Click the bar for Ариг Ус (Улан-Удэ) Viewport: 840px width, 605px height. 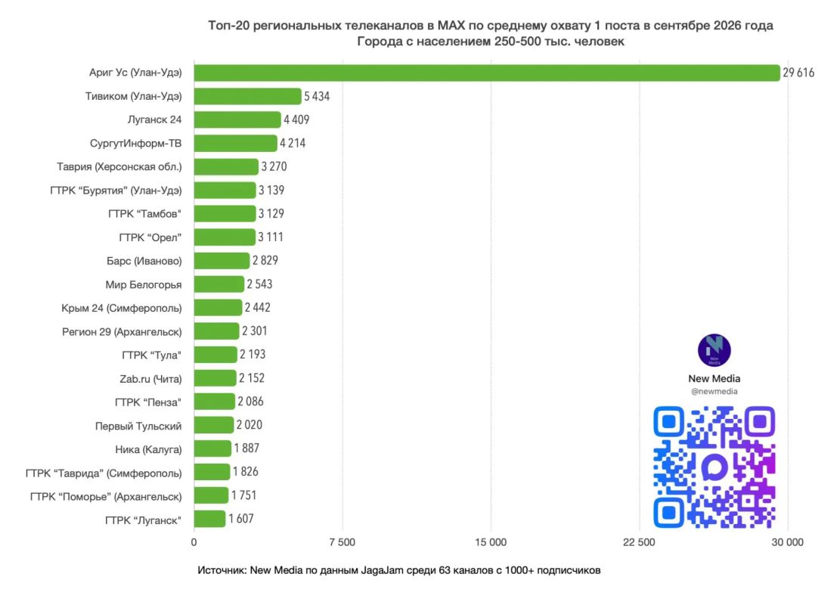coord(487,73)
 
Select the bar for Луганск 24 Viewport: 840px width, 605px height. coord(237,119)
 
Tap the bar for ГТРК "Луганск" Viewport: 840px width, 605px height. coord(209,519)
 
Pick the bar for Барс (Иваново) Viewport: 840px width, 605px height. coord(222,260)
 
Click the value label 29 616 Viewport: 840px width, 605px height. coord(798,73)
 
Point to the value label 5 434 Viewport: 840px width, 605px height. coord(317,97)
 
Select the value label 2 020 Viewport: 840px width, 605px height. coord(249,425)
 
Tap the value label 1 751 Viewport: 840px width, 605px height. coord(243,495)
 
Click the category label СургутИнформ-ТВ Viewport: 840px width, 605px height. coord(135,144)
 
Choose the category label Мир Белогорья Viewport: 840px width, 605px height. coord(144,284)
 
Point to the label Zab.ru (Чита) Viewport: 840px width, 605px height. coord(150,379)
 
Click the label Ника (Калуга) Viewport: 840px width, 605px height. coord(148,450)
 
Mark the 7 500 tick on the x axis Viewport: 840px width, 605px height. coord(343,542)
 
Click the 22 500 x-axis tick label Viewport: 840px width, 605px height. coord(639,542)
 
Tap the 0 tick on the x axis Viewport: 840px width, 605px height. coord(194,542)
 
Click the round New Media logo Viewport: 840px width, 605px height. coord(714,350)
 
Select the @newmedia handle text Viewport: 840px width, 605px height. coord(714,392)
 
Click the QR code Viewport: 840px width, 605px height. coord(714,467)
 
